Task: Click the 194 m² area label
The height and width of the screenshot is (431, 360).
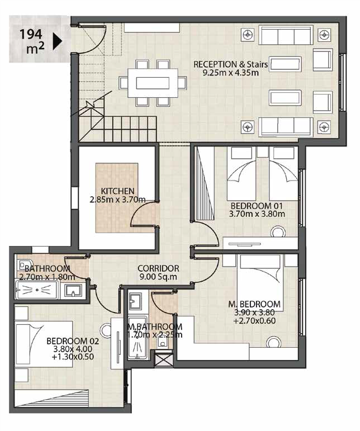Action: coord(32,41)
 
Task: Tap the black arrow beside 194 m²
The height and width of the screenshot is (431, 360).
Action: coord(57,41)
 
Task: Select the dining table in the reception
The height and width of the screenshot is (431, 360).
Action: coord(153,83)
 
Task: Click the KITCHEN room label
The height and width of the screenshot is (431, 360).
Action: coord(117,191)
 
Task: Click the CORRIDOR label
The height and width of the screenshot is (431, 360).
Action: coord(158,268)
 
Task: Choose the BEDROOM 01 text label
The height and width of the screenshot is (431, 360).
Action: coord(257,206)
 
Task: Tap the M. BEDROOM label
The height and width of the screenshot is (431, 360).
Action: coord(254,304)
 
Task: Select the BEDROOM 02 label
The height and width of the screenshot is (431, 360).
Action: coord(73,341)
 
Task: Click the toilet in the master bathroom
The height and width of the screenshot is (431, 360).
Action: coord(163,343)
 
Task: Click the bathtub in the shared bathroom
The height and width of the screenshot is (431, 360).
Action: coord(37,290)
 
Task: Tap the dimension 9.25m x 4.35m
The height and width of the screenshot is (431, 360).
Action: coord(230,73)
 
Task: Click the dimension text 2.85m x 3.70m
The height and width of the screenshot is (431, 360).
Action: coord(117,199)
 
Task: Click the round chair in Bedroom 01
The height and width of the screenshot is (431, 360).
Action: coord(278,232)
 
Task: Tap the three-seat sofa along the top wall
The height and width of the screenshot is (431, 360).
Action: coord(286,35)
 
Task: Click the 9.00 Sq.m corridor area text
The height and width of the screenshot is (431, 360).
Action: coord(158,277)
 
